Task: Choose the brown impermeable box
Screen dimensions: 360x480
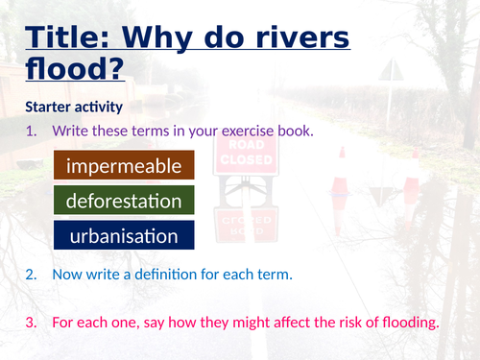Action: [x=124, y=166]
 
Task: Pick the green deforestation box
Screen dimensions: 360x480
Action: [x=124, y=201]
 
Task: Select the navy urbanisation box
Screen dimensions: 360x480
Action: [x=124, y=235]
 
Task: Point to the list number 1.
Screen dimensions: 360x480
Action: [x=32, y=130]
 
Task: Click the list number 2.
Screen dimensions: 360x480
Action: [x=32, y=275]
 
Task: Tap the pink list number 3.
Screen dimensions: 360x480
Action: [x=32, y=323]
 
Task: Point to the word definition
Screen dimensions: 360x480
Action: [x=169, y=275]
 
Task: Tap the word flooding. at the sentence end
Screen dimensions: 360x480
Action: [x=405, y=323]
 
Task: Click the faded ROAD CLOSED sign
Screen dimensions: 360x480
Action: [x=246, y=154]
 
